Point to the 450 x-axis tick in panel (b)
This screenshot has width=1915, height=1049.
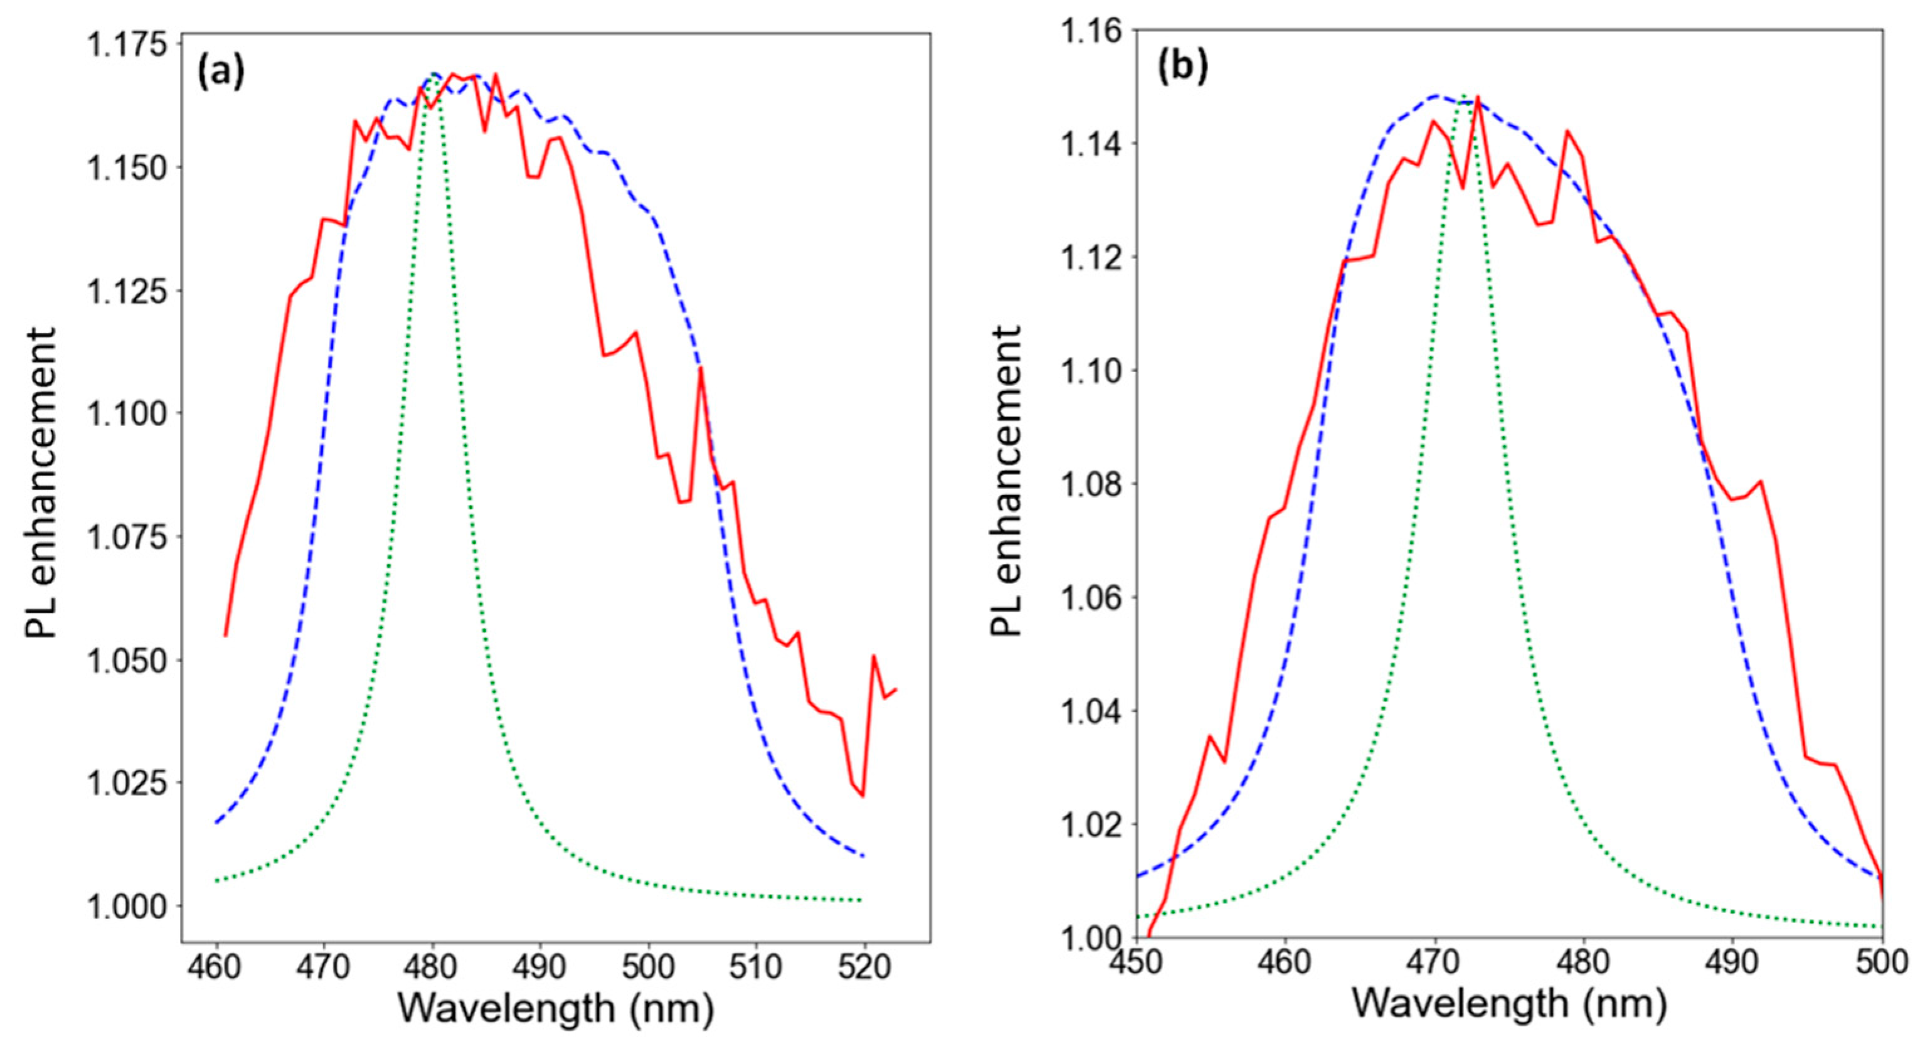coord(1137,962)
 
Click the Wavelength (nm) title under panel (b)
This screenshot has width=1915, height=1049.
coord(1509,1004)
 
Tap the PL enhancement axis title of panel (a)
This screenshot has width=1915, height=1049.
coord(41,483)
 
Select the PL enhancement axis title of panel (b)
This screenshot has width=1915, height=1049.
coord(1007,479)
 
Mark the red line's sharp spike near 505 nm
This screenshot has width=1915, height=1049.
coord(701,368)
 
